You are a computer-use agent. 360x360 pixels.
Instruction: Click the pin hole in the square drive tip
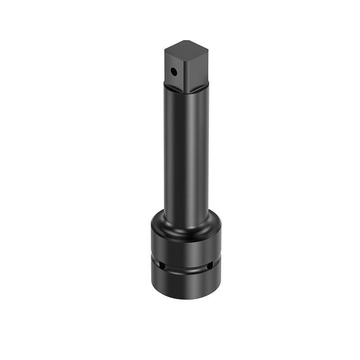173,71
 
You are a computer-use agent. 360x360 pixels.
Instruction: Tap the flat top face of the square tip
185,47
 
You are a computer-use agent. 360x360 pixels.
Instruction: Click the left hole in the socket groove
162,266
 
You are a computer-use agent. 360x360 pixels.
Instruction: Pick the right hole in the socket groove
209,266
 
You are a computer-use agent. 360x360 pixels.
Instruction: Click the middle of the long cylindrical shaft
186,153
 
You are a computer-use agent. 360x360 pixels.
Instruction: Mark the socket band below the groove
186,283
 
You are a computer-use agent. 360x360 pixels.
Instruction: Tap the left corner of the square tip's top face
165,48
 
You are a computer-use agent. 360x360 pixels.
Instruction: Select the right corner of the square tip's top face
207,46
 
